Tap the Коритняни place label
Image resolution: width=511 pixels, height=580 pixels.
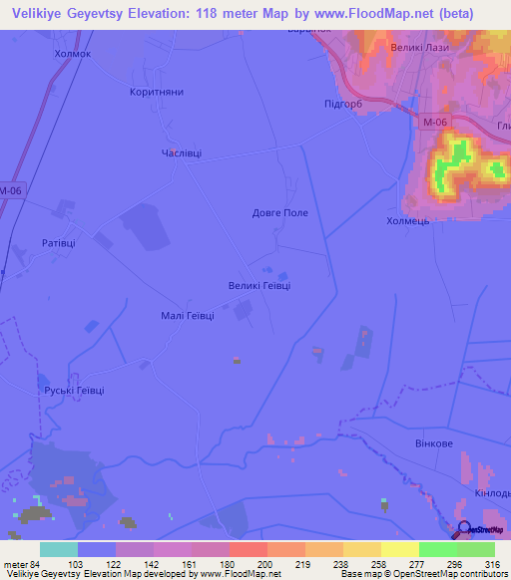point(157,91)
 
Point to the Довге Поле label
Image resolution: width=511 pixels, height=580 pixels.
point(280,212)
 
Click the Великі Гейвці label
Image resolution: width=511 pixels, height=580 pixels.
point(259,285)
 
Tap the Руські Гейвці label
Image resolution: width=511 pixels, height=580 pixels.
point(74,390)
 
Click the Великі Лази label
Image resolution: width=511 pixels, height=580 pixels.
point(418,48)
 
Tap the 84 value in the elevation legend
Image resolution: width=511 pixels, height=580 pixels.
point(39,564)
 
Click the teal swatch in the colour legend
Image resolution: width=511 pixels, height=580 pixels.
point(59,549)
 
